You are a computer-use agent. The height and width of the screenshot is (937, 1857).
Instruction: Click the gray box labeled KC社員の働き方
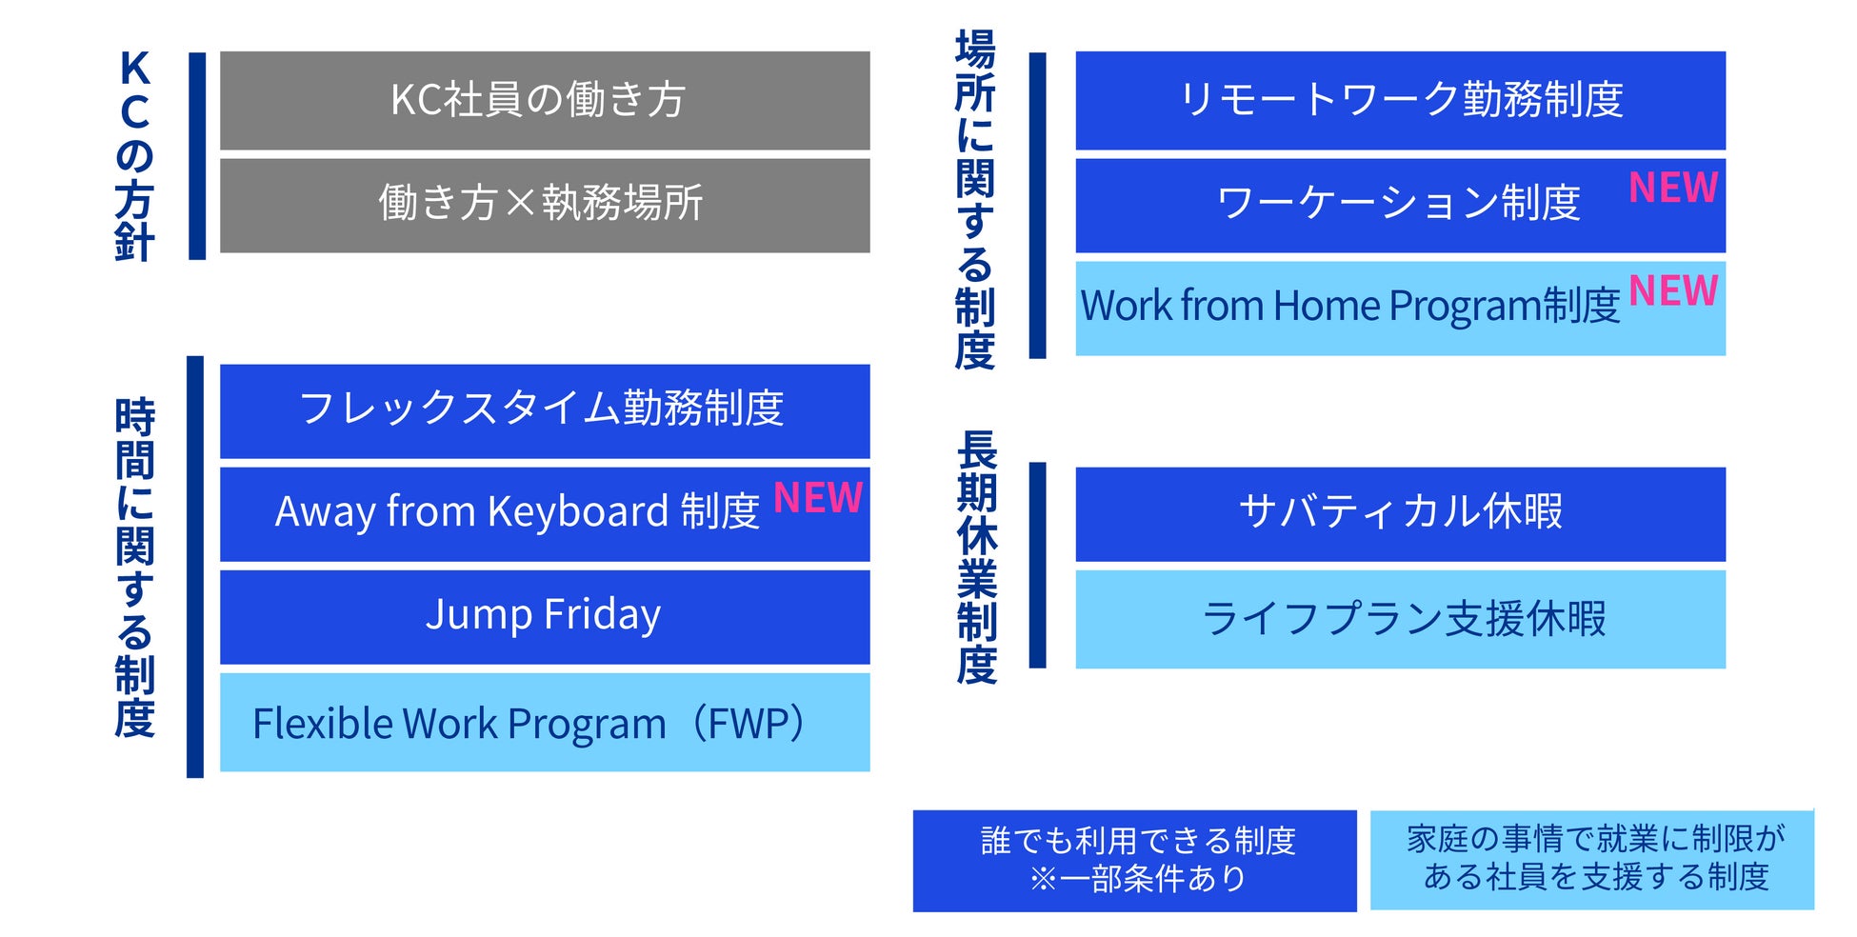(545, 100)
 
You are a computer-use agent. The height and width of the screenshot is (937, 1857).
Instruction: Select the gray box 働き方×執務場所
(545, 205)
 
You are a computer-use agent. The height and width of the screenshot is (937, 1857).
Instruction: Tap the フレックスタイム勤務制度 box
(545, 410)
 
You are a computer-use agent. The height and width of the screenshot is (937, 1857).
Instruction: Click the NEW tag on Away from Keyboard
(818, 497)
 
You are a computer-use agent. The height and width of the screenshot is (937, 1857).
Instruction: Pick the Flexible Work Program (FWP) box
(545, 722)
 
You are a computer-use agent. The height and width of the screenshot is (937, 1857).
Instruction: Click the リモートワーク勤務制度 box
(1401, 100)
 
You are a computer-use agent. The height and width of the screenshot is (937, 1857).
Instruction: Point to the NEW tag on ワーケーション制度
(1673, 188)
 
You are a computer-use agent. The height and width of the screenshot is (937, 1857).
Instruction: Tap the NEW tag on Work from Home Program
(1673, 290)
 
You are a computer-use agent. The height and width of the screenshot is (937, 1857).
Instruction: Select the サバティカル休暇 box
(1401, 513)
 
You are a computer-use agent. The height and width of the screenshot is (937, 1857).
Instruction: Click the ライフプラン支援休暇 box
(1401, 619)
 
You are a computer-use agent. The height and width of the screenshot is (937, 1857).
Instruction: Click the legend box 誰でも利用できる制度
(1135, 861)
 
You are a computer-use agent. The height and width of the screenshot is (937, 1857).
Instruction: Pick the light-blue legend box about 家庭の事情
(1592, 859)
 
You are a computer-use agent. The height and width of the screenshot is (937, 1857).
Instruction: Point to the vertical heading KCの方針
(134, 155)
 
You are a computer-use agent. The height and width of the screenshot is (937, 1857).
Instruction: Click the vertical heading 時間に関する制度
(134, 568)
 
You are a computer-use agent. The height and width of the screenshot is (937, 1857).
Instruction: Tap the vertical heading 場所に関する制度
(975, 200)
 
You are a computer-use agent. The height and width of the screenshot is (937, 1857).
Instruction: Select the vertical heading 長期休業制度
(976, 557)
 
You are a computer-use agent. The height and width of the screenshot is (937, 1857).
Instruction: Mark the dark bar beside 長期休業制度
(1038, 566)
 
